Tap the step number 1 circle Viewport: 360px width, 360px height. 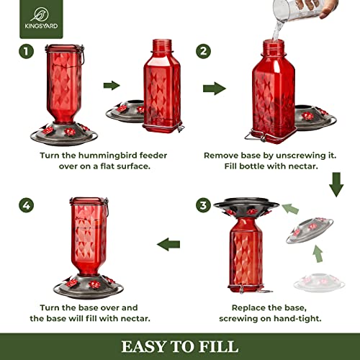(x=27, y=51)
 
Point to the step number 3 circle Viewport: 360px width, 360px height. (x=204, y=205)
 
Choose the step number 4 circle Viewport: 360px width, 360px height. (x=27, y=205)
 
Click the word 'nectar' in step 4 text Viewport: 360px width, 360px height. (x=134, y=318)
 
